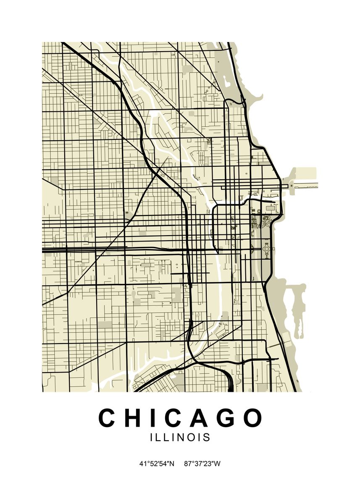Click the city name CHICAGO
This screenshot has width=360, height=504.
[180, 418]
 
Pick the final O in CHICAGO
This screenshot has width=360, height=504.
[252, 418]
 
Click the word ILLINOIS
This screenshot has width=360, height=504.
[180, 437]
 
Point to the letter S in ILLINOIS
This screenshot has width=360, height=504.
[206, 437]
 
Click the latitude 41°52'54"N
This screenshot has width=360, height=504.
[157, 464]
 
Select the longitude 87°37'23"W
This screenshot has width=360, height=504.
[202, 464]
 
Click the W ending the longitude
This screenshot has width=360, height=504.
[218, 464]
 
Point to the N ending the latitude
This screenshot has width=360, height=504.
[171, 464]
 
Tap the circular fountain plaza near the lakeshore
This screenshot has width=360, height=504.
[266, 249]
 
